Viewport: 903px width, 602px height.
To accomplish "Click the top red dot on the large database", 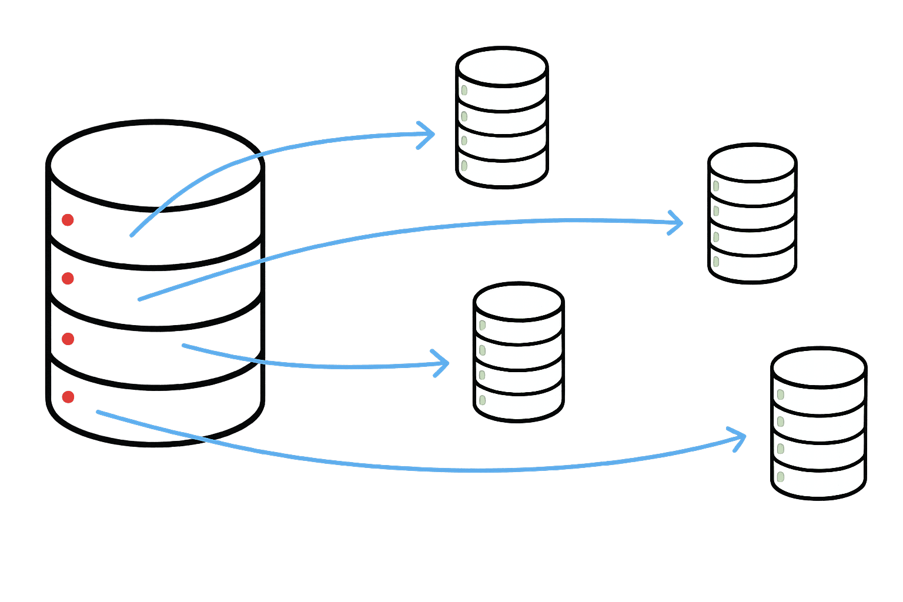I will click(x=68, y=220).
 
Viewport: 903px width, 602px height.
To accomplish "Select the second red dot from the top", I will click(x=68, y=278).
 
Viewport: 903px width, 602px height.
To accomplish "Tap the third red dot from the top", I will click(x=68, y=339).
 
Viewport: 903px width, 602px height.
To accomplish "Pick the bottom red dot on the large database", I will click(x=68, y=397).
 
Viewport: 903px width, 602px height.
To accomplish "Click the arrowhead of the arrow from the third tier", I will click(x=446, y=363).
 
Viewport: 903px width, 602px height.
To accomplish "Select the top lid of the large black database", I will click(x=155, y=165).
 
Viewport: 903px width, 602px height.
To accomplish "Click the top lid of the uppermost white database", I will click(x=502, y=66).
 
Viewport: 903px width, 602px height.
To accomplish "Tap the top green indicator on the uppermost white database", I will click(x=464, y=90).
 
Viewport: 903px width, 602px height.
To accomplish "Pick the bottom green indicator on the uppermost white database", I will click(x=464, y=165).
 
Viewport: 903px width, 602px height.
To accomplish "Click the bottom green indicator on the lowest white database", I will click(x=781, y=476).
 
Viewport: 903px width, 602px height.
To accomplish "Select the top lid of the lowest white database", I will click(x=818, y=369).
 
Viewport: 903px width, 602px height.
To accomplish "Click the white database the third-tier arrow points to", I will click(x=519, y=353).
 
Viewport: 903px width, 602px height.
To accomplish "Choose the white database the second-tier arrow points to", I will click(x=752, y=214).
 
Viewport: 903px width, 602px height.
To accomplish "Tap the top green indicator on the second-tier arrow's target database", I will click(x=716, y=186).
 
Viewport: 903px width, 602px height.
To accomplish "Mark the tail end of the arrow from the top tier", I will click(x=132, y=235).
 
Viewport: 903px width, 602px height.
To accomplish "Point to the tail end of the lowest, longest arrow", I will click(x=98, y=412).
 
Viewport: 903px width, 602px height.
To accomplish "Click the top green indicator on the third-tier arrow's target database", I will click(x=483, y=325).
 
